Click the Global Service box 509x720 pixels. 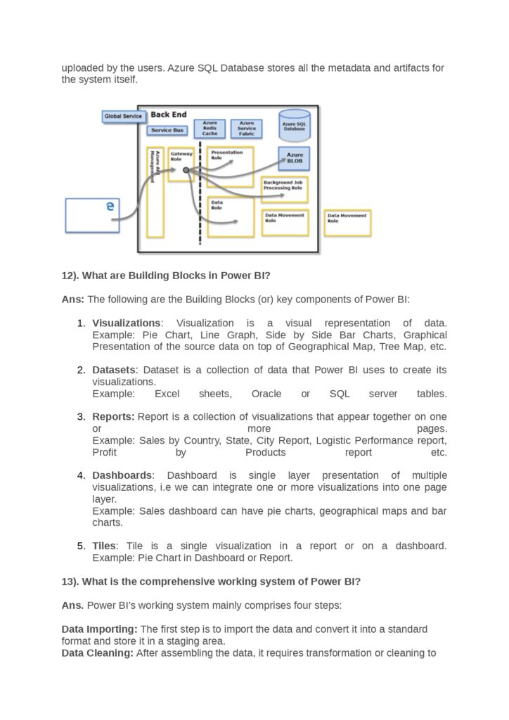123,116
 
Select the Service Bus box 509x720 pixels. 167,130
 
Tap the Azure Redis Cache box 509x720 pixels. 210,128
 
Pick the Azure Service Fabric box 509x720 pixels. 246,128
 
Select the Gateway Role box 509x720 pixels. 181,164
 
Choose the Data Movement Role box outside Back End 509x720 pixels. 347,223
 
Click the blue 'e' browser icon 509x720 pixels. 109,206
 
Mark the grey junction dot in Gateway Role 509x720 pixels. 186,170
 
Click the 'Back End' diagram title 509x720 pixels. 168,115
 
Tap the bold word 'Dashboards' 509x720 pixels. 122,475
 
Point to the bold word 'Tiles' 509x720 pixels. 104,546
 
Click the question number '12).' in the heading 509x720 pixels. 70,276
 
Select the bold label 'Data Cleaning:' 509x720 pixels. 97,652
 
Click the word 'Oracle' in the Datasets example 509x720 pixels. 266,394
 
